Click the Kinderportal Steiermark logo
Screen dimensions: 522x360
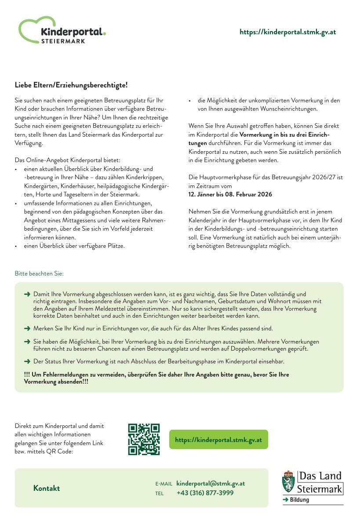(x=62, y=31)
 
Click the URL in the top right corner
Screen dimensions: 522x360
(x=287, y=32)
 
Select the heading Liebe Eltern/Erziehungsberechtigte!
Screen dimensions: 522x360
(x=71, y=85)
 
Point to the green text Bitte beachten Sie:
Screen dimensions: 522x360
(x=39, y=273)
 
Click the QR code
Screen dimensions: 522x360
(x=144, y=439)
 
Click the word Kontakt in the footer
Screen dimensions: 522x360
(x=47, y=488)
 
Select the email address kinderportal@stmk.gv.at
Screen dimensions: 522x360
(x=211, y=483)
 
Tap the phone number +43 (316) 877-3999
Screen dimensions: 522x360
(x=205, y=493)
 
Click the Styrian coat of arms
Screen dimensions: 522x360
(x=288, y=482)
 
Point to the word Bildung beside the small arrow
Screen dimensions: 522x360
(x=299, y=500)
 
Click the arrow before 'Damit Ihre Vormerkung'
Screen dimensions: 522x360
(x=27, y=294)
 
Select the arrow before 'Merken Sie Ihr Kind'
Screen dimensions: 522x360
(x=27, y=328)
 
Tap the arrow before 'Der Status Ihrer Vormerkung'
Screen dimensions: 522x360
(x=27, y=361)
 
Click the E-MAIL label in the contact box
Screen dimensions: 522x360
(x=164, y=484)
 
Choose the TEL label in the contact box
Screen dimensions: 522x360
(x=159, y=493)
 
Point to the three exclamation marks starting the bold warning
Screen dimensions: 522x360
(x=27, y=374)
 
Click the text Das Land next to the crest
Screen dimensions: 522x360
(x=320, y=476)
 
